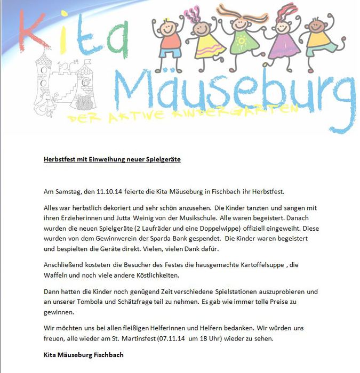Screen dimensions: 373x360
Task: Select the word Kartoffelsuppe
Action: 253,265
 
